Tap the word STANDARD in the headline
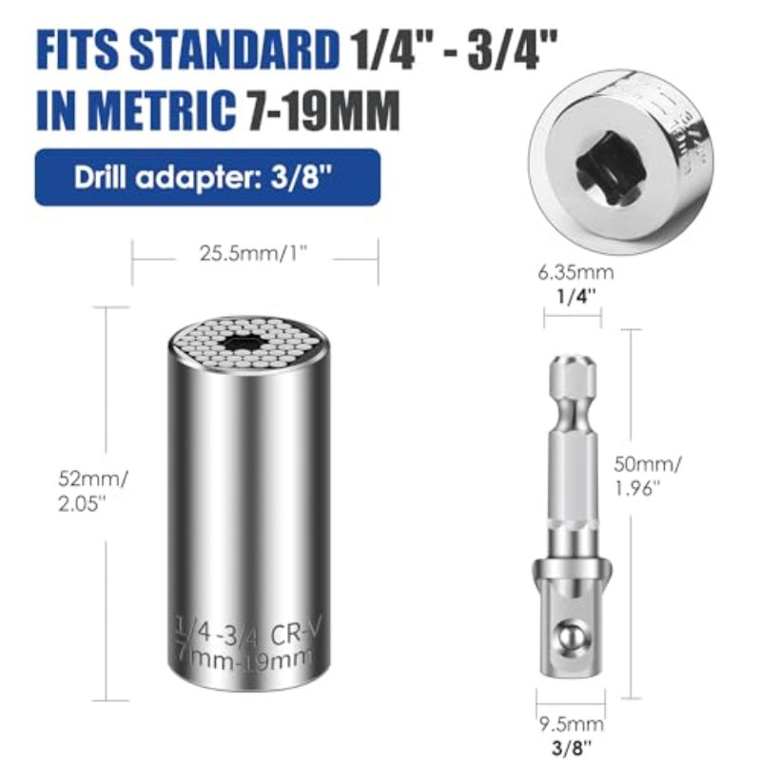[x=234, y=49]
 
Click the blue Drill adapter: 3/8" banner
[x=207, y=177]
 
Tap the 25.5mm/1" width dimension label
[x=254, y=253]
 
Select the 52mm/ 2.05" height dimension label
[x=92, y=491]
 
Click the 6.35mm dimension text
[x=576, y=272]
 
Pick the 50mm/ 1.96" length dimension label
[x=648, y=477]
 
